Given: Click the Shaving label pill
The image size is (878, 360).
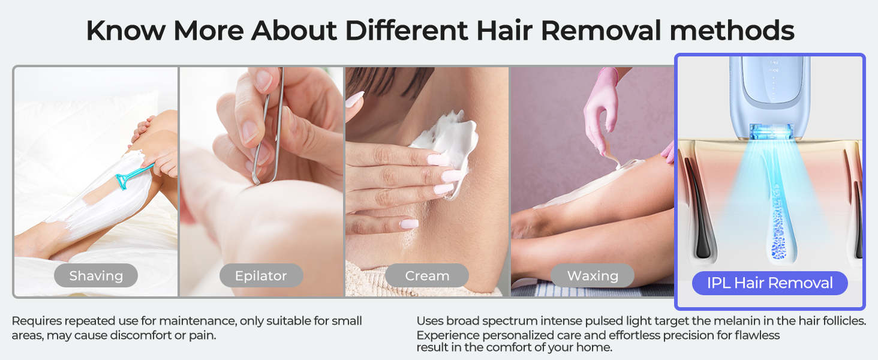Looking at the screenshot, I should coord(96,276).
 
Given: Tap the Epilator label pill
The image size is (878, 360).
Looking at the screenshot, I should coord(261,276).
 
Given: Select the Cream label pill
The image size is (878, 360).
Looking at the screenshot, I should coord(427,276).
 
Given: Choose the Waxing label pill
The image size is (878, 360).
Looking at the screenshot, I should coord(593,276).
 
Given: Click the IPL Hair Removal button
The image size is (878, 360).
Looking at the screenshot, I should coord(770,283).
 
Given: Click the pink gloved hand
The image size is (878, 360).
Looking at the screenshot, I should coord(600,105).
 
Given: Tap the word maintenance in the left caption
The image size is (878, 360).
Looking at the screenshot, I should coord(201,321).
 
